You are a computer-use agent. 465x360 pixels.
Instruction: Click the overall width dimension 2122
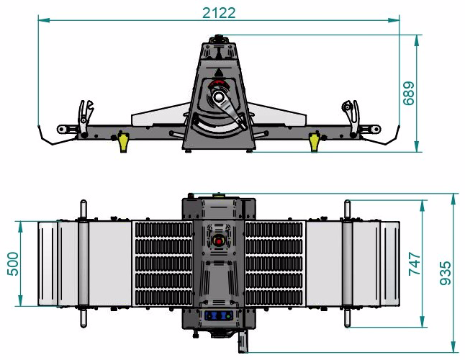tap(219, 13)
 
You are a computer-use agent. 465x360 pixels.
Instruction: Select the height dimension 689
tap(409, 94)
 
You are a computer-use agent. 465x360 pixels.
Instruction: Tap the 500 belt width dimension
tap(12, 264)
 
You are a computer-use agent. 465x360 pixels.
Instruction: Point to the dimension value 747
tap(414, 263)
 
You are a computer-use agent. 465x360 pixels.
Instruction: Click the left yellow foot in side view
tap(123, 141)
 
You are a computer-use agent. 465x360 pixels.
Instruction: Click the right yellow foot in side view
tap(314, 141)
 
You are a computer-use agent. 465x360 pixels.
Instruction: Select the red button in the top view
tap(219, 240)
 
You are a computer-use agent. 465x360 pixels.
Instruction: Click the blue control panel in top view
tap(219, 315)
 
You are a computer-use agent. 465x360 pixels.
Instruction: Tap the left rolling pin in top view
tap(83, 263)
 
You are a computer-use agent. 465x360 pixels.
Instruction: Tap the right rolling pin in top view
tap(348, 263)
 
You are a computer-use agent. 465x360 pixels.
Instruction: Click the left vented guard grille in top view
tap(162, 263)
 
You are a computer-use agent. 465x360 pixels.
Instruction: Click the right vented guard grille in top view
tap(276, 263)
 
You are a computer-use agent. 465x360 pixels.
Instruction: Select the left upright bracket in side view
tap(86, 115)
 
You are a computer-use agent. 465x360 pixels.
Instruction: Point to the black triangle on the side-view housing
tap(218, 73)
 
